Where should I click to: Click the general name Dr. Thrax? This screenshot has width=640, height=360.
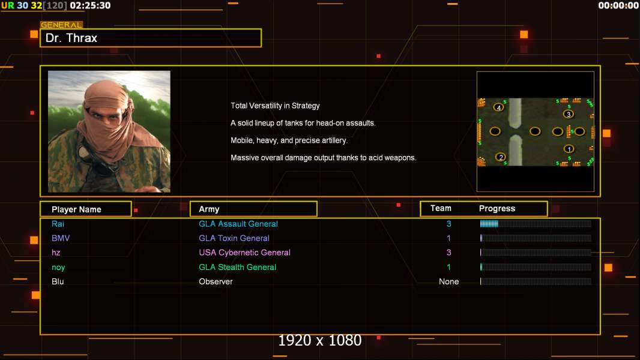[71, 38]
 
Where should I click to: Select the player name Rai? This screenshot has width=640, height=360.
[58, 224]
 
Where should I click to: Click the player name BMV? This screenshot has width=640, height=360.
[61, 238]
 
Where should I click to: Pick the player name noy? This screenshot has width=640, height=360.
[58, 268]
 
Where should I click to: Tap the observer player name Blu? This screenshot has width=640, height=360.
[58, 282]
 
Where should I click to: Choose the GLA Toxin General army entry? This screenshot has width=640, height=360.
[234, 238]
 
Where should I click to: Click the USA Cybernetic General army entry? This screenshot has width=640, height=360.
[244, 253]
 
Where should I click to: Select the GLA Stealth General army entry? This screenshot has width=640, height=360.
[237, 267]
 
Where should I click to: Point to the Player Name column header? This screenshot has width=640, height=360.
[76, 209]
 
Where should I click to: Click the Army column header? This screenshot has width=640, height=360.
[209, 209]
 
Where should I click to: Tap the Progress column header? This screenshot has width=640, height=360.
[497, 208]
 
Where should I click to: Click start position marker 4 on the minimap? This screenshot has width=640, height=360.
[498, 107]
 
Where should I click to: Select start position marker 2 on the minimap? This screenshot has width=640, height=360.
[500, 157]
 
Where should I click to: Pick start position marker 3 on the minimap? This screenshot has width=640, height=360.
[568, 114]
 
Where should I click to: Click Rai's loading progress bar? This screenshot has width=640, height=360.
[536, 223]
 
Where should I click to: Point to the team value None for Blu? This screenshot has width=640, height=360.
[448, 282]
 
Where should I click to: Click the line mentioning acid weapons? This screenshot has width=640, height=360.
[323, 158]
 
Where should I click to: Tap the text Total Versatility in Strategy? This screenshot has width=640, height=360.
[275, 106]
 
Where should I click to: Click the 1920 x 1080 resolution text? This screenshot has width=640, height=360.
[319, 340]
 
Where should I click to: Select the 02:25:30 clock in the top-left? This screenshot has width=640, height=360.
[90, 6]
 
